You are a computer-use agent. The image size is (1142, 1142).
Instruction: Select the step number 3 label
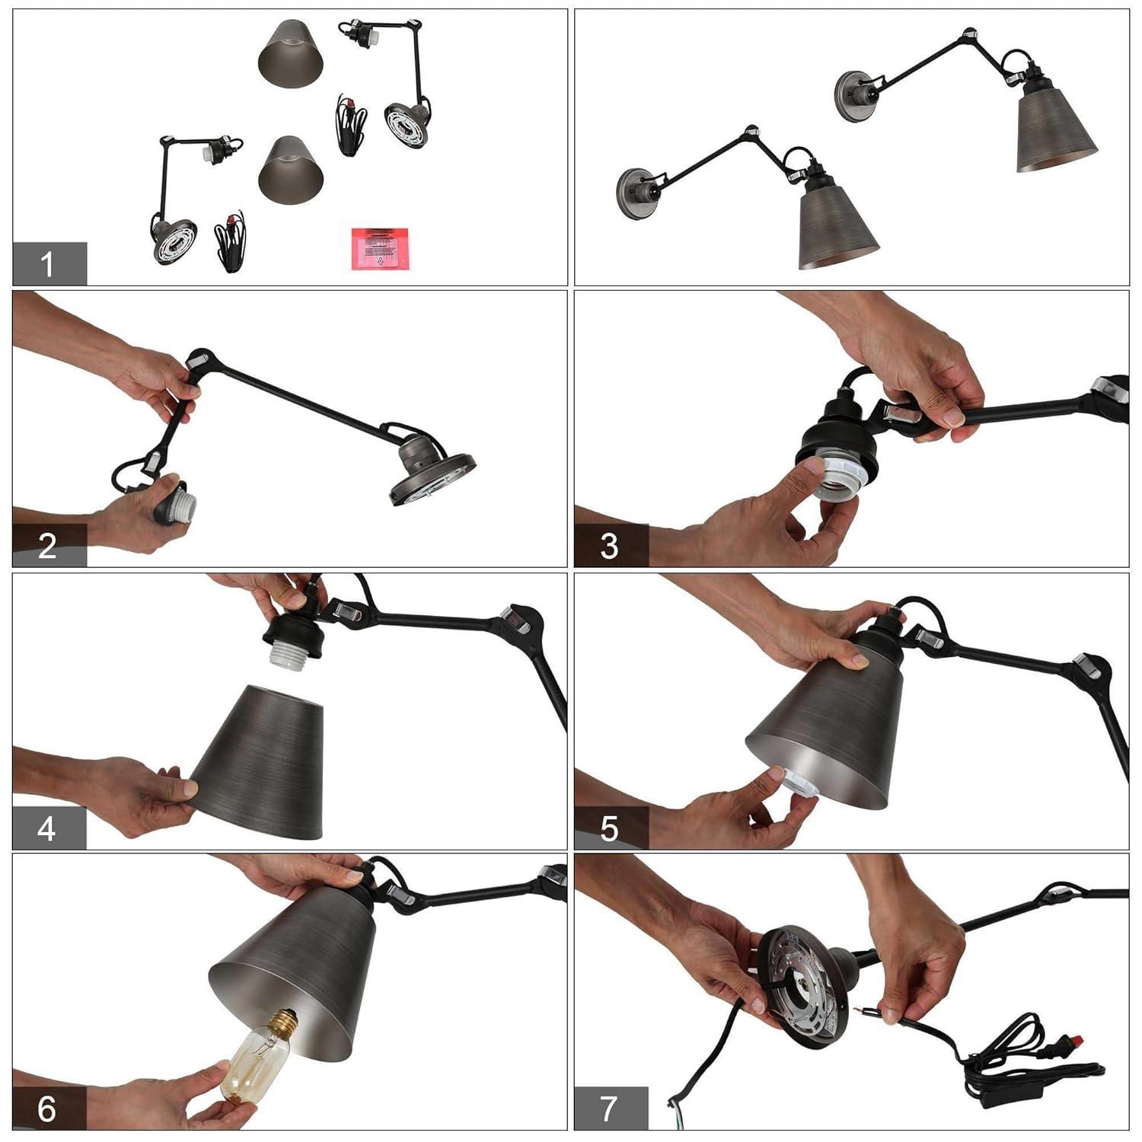pyautogui.click(x=610, y=546)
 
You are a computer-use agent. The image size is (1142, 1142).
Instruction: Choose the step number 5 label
pyautogui.click(x=610, y=828)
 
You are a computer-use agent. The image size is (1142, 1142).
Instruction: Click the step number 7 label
pyautogui.click(x=610, y=1109)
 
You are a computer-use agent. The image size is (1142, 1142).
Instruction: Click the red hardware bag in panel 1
pyautogui.click(x=379, y=247)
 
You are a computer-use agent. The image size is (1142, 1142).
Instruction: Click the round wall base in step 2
pyautogui.click(x=432, y=476)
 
